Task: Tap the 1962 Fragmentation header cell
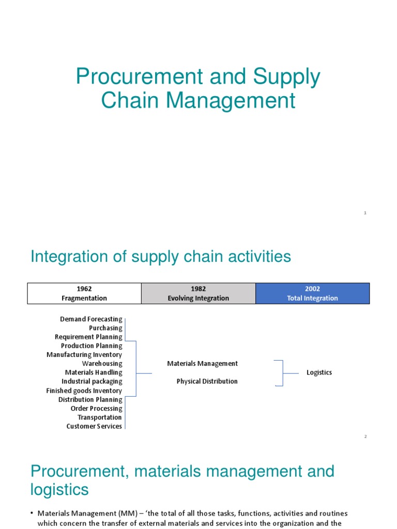click(x=84, y=293)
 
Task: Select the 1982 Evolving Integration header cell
click(x=198, y=293)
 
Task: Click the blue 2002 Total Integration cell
click(x=312, y=293)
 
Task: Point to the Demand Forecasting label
click(x=91, y=319)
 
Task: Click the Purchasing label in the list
click(x=105, y=328)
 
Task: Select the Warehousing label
click(x=102, y=364)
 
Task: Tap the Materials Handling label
click(x=94, y=372)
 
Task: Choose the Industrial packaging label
click(x=92, y=381)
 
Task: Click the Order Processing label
click(x=96, y=408)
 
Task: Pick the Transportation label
click(x=100, y=417)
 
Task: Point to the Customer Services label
click(x=94, y=426)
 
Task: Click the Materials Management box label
click(x=203, y=364)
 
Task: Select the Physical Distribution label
click(x=207, y=381)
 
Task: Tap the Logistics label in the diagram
click(x=319, y=372)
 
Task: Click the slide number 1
click(x=365, y=213)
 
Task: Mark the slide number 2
click(x=365, y=437)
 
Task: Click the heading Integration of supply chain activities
click(x=161, y=257)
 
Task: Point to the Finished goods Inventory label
click(x=84, y=391)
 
